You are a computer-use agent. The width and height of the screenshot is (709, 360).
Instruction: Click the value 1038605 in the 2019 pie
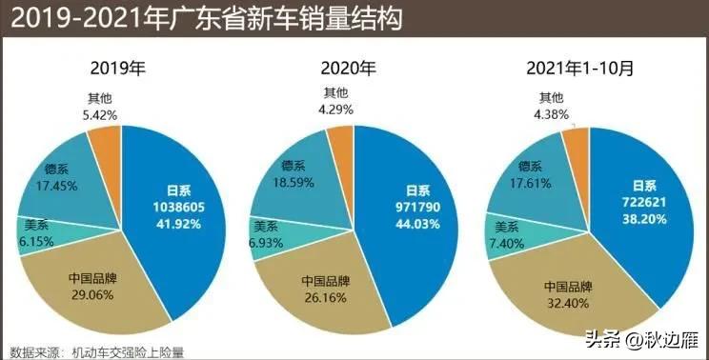pos(172,207)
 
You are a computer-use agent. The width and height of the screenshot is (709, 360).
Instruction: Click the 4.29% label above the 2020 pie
pos(334,110)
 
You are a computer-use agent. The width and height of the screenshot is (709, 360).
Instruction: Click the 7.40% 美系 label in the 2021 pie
pos(507,245)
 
